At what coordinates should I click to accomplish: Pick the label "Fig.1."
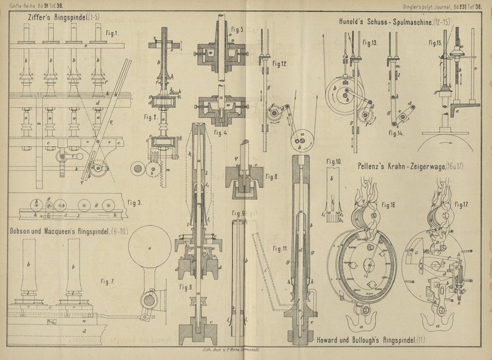111,33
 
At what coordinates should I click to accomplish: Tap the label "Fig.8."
274,177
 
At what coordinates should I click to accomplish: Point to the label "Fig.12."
280,63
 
